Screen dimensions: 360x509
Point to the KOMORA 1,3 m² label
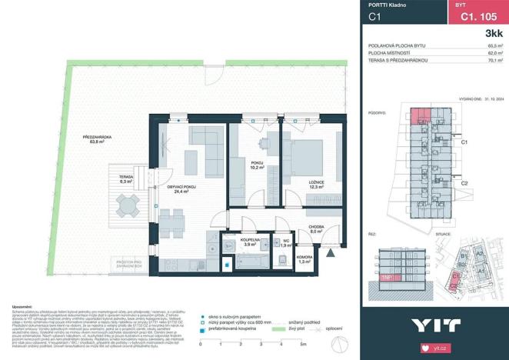click(x=282, y=259)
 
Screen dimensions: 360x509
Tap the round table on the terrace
click(x=125, y=204)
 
